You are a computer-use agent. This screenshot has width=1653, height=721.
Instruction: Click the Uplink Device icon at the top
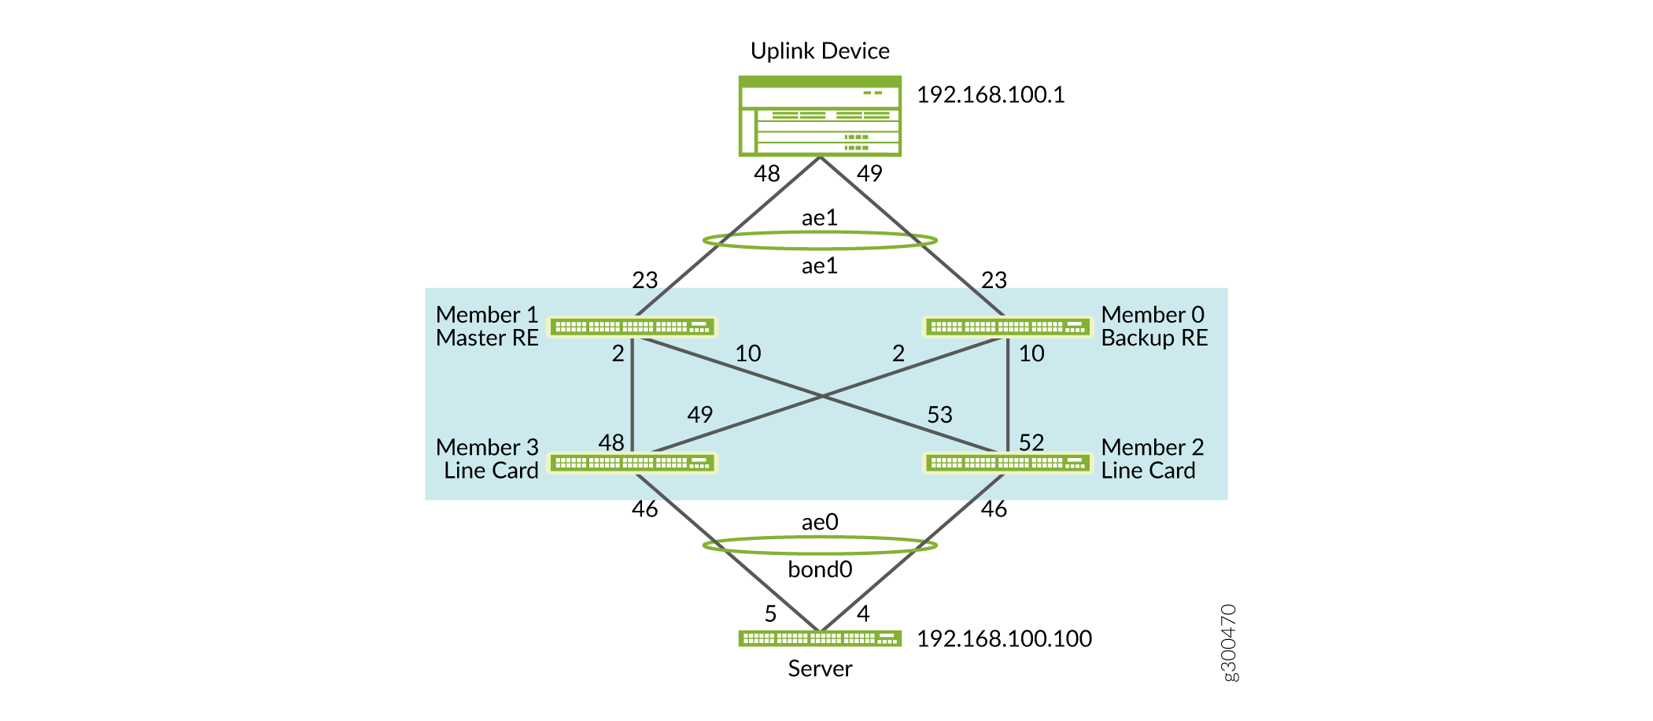pyautogui.click(x=820, y=116)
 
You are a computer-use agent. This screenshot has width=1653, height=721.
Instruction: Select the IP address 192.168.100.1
pyautogui.click(x=991, y=95)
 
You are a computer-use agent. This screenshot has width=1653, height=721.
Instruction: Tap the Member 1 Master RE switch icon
pyautogui.click(x=633, y=327)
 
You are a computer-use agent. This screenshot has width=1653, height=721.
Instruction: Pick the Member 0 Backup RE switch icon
pyautogui.click(x=1008, y=327)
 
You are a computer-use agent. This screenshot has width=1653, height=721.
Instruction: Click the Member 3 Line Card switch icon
pyautogui.click(x=633, y=463)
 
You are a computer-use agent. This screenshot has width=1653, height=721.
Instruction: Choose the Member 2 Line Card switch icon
pyautogui.click(x=1008, y=463)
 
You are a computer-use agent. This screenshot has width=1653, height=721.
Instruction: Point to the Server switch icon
pyautogui.click(x=820, y=638)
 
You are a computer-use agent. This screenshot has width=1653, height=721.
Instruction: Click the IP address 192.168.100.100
pyautogui.click(x=1004, y=639)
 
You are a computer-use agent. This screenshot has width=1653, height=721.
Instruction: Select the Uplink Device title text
pyautogui.click(x=820, y=51)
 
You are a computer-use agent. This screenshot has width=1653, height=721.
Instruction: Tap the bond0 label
pyautogui.click(x=820, y=569)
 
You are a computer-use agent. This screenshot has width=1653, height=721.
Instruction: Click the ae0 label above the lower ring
pyautogui.click(x=820, y=523)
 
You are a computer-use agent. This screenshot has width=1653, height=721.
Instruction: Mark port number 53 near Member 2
pyautogui.click(x=939, y=415)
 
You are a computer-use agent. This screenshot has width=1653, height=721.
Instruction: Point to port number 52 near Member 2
pyautogui.click(x=1031, y=442)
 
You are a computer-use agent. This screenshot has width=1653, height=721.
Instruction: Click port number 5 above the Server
pyautogui.click(x=770, y=614)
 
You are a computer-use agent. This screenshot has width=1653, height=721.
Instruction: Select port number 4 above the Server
pyautogui.click(x=863, y=614)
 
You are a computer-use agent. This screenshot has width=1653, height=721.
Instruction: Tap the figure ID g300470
pyautogui.click(x=1229, y=643)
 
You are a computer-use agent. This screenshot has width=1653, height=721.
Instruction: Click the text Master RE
pyautogui.click(x=487, y=338)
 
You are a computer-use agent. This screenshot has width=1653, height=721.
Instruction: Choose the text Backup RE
pyautogui.click(x=1154, y=338)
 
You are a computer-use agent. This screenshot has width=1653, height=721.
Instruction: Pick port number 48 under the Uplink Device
pyautogui.click(x=767, y=174)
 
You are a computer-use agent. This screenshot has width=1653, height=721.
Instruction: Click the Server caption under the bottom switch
pyautogui.click(x=820, y=669)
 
